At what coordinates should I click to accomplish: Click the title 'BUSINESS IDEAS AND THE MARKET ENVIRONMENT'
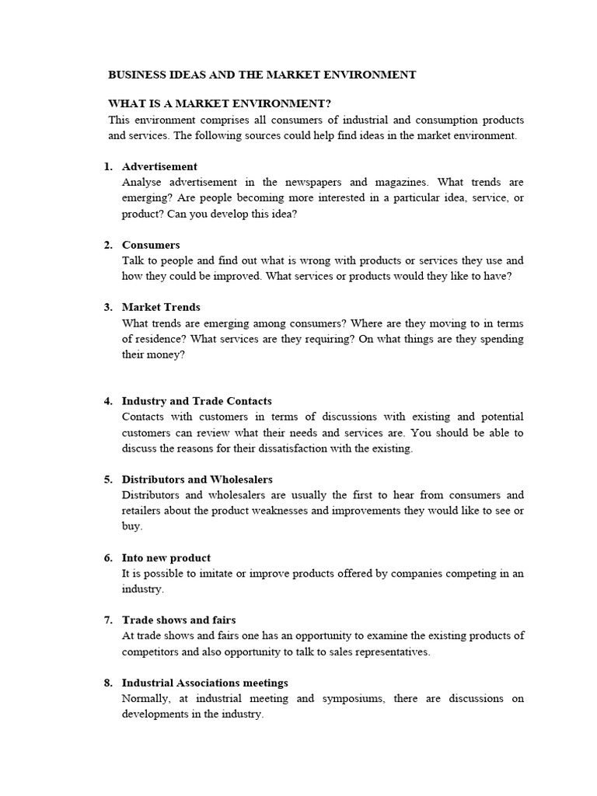tap(262, 75)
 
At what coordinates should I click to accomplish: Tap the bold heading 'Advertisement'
tap(159, 166)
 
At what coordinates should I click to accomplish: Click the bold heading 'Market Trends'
tap(161, 307)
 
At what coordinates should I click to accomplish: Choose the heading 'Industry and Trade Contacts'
tap(197, 401)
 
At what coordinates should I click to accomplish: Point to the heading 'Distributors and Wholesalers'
tap(197, 479)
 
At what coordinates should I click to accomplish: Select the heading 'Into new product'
tap(166, 557)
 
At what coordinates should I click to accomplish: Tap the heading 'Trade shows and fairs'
tap(179, 620)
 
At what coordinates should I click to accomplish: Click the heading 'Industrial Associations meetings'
tap(205, 683)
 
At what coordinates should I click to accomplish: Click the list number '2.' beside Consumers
tap(109, 245)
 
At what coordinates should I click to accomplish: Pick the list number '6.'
tap(109, 557)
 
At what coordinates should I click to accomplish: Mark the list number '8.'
tap(109, 683)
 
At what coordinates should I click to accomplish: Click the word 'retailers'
tap(144, 511)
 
